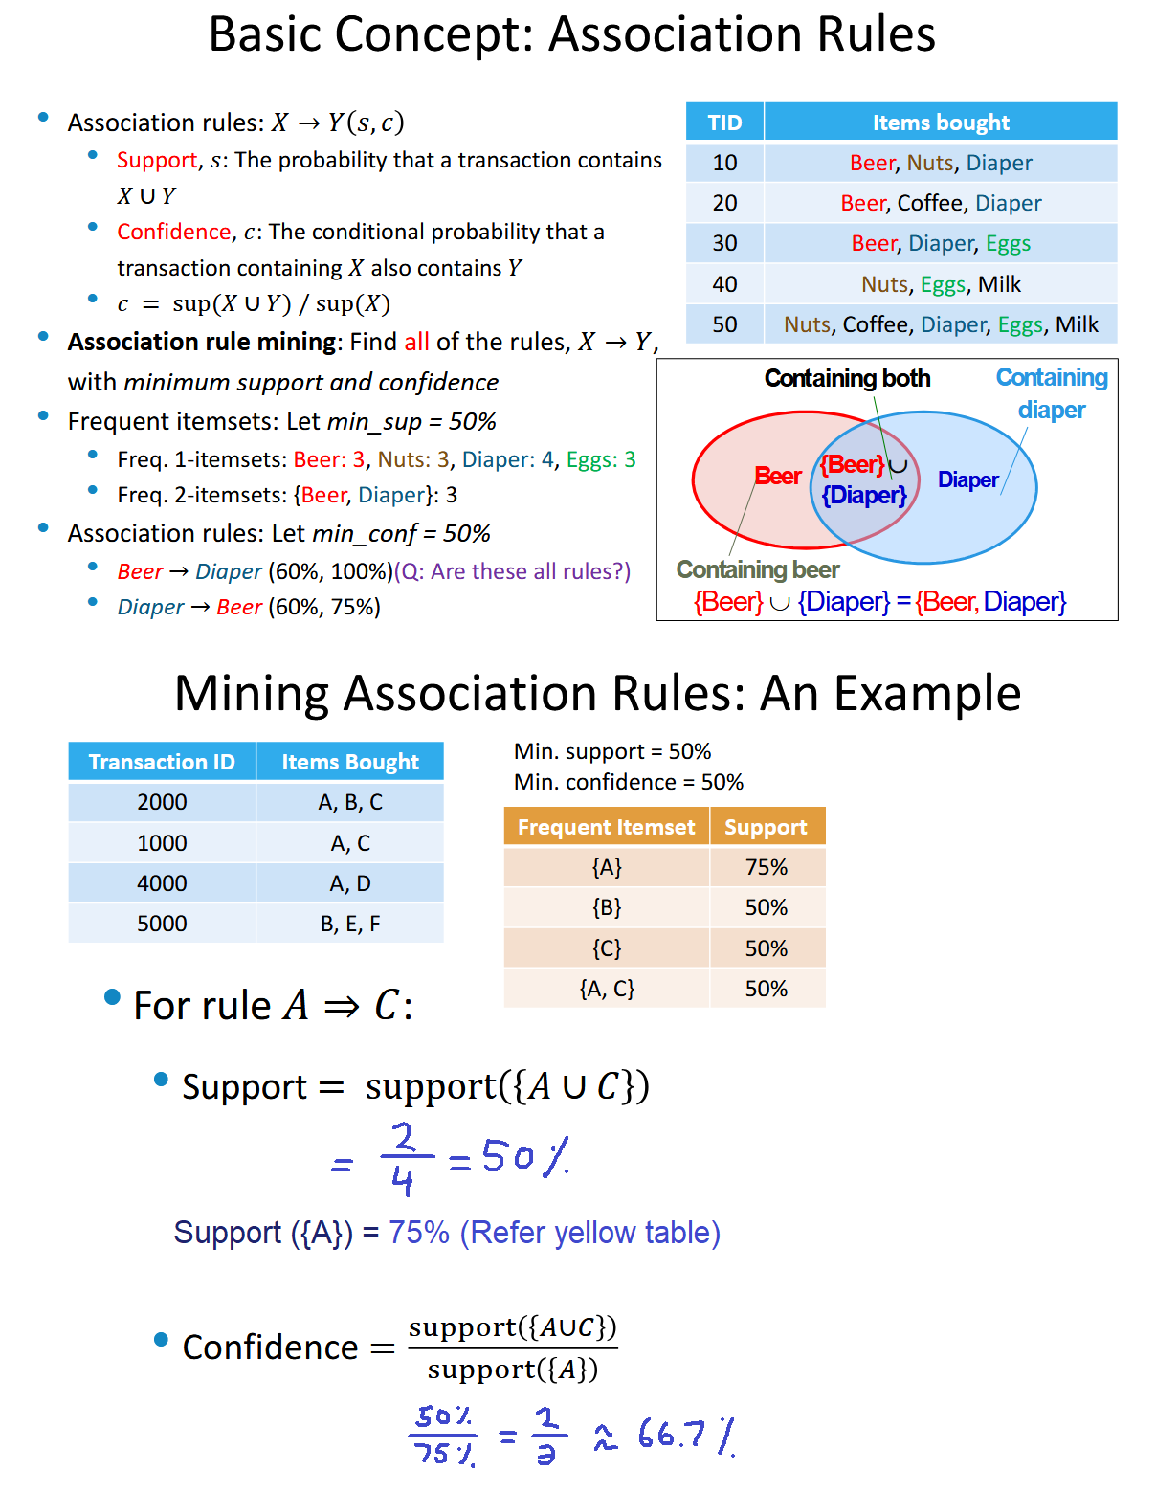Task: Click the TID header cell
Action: (724, 123)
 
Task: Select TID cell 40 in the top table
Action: (724, 284)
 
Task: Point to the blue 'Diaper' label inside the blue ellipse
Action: (967, 479)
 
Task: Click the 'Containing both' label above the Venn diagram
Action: (847, 379)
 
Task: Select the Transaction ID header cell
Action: (162, 762)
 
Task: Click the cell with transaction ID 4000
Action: (162, 883)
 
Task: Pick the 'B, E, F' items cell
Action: (350, 924)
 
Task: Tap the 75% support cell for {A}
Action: (766, 867)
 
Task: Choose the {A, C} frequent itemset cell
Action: (607, 989)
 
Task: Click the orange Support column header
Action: (766, 827)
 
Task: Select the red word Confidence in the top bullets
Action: (173, 232)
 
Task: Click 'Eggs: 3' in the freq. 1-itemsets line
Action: (601, 459)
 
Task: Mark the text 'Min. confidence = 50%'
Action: (628, 782)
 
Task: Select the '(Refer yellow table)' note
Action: (589, 1233)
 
